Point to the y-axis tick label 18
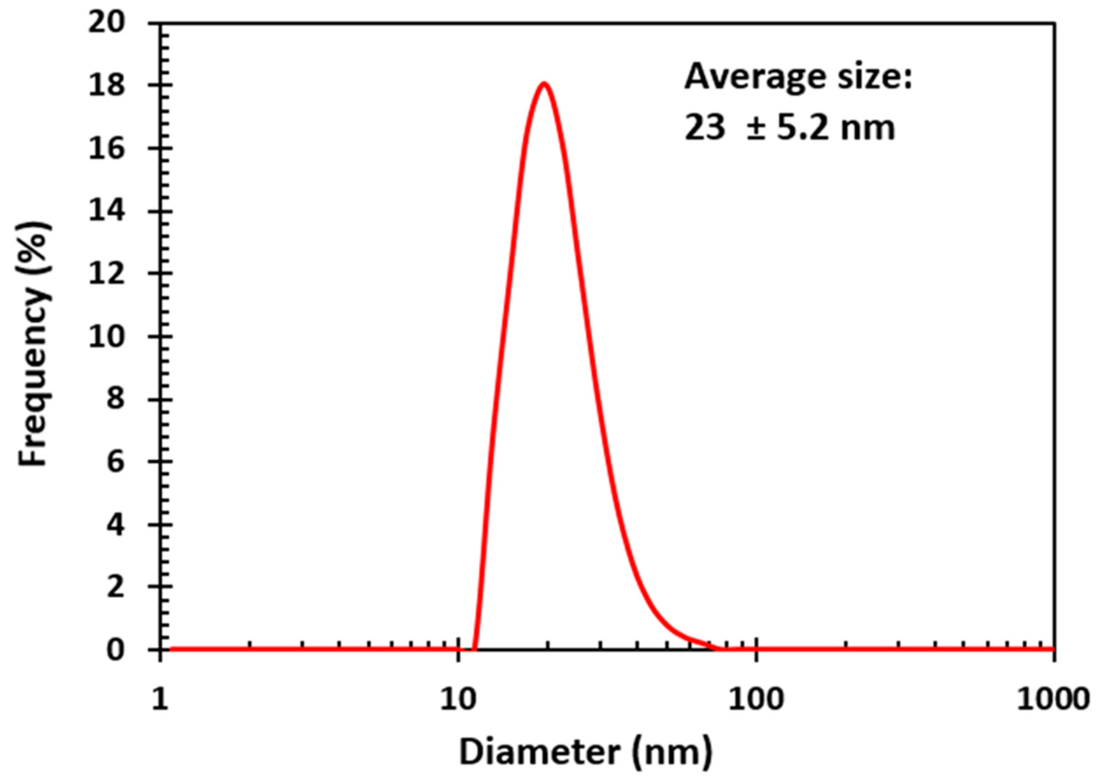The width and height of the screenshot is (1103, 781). tap(107, 85)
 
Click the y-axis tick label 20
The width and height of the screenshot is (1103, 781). tap(107, 23)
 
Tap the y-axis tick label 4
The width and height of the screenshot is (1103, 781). tap(115, 524)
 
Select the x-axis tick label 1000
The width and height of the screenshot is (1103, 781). tap(1052, 699)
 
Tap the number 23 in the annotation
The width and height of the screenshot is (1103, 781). tap(705, 128)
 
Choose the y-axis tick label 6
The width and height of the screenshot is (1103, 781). tap(115, 462)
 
